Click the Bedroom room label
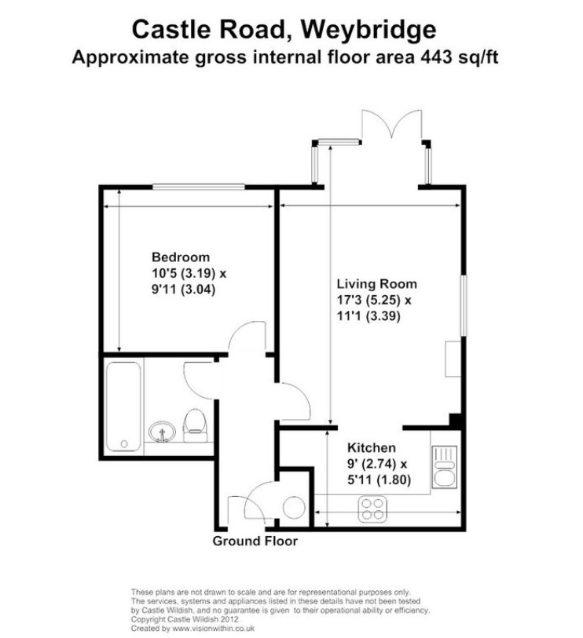[181, 257]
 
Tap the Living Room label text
[376, 283]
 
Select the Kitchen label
[371, 447]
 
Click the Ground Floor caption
[255, 541]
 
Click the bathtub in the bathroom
[123, 406]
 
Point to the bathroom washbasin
[162, 432]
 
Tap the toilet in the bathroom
[195, 425]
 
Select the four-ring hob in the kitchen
[372, 509]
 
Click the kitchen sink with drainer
[445, 466]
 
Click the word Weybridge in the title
[368, 30]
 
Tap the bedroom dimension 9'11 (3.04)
[183, 290]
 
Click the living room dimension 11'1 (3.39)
[368, 315]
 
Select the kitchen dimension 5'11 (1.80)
[379, 479]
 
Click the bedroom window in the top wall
[199, 188]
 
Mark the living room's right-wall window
[464, 305]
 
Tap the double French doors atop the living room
[391, 124]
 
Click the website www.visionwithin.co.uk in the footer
[213, 629]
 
